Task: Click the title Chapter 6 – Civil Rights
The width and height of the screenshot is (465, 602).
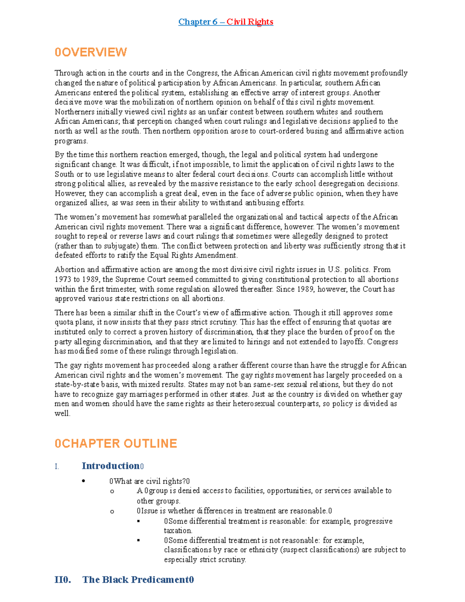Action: (x=226, y=22)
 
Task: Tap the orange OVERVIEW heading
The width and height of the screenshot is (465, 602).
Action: (x=91, y=52)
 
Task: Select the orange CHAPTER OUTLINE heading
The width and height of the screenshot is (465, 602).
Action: (x=115, y=443)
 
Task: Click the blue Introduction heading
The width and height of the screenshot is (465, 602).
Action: (x=110, y=466)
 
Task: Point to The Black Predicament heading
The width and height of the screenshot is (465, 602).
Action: (x=138, y=580)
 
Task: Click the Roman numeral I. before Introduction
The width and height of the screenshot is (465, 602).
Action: (x=57, y=467)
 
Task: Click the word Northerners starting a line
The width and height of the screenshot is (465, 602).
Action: (x=74, y=112)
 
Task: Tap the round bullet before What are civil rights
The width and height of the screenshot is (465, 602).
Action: (x=83, y=481)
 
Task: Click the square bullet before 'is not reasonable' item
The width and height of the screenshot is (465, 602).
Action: (x=138, y=540)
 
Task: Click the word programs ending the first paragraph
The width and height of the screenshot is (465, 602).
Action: (x=71, y=141)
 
